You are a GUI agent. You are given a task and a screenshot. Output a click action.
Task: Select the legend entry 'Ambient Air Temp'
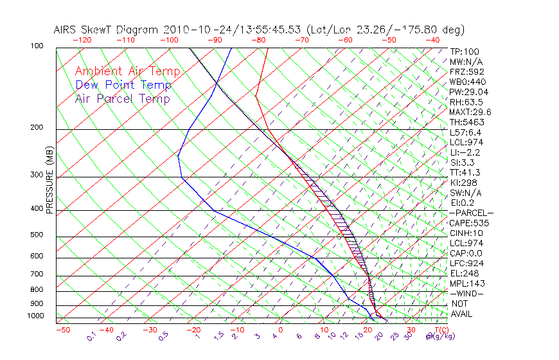[x=127, y=71]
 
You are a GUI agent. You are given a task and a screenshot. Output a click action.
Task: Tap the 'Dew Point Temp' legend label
[x=123, y=85]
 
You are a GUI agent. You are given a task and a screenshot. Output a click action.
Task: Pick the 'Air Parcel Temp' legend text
[x=122, y=98]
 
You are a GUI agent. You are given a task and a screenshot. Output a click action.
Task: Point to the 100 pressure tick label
[x=37, y=46]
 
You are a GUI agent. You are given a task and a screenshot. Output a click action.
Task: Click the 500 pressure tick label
[x=37, y=235]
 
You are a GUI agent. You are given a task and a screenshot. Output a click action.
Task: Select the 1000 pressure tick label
[x=36, y=316]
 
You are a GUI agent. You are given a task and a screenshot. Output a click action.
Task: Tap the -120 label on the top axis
[x=82, y=40]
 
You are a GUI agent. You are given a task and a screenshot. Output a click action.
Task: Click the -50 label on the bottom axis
[x=62, y=330]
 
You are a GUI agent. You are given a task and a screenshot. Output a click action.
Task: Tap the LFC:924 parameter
[x=466, y=264]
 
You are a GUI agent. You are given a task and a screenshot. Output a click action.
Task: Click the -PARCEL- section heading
[x=471, y=213]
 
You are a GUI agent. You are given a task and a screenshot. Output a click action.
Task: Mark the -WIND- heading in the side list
[x=467, y=294]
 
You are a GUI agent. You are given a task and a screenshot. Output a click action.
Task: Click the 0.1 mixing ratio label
[x=91, y=336]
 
